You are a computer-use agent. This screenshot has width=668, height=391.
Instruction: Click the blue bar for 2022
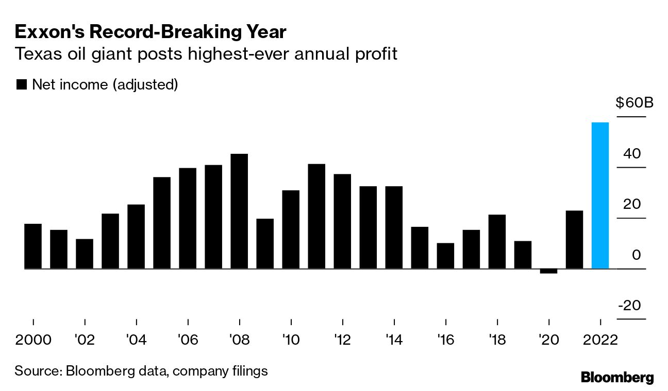point(600,195)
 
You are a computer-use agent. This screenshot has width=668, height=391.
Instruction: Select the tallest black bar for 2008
point(239,211)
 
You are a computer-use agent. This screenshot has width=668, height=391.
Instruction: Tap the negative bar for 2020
point(548,271)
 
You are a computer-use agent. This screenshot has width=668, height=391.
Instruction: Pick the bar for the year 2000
point(33,246)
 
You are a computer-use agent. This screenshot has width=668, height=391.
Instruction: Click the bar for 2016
point(445,256)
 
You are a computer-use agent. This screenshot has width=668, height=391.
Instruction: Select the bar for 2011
point(316,216)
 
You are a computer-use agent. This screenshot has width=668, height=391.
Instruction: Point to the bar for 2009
point(265,243)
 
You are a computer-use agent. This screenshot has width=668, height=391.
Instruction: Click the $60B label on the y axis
point(634,103)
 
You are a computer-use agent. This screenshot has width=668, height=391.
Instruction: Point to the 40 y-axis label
point(632,153)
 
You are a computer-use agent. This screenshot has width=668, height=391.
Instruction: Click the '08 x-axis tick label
point(239,341)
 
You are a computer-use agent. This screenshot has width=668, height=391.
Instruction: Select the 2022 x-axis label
point(600,341)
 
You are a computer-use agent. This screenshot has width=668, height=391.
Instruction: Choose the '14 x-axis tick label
point(394,341)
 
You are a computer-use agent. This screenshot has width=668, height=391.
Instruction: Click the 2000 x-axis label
point(33,341)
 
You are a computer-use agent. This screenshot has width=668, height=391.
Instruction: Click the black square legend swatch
point(21,85)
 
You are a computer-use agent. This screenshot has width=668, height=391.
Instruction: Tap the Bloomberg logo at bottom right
point(617,377)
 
